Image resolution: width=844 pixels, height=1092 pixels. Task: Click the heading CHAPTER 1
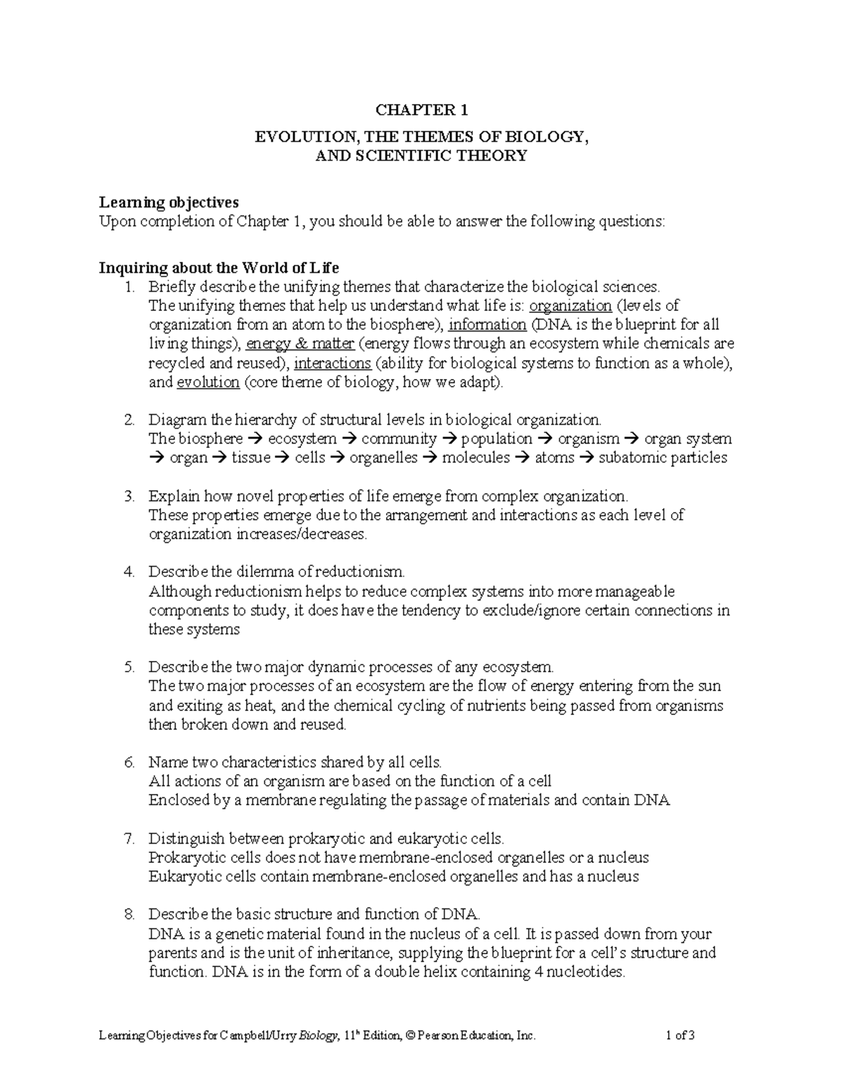tap(421, 110)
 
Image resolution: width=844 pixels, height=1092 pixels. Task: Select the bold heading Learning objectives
tap(169, 203)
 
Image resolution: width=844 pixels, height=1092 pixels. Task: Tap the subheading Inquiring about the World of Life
tap(219, 267)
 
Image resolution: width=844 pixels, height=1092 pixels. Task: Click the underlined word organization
tap(570, 306)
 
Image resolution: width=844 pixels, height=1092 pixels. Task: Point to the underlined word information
tap(487, 325)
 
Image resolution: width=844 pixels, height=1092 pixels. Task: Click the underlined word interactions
tap(332, 364)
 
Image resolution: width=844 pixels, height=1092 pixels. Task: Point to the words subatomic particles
tap(663, 458)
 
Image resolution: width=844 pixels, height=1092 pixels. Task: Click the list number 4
tap(129, 571)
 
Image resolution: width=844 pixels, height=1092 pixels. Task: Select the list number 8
tap(129, 915)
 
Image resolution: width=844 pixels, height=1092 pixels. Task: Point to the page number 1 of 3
tap(679, 1035)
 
